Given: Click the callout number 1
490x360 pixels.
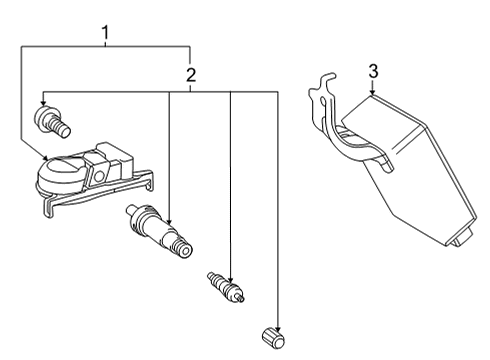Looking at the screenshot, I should tap(104, 35).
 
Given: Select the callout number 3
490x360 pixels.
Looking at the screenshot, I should tap(372, 71).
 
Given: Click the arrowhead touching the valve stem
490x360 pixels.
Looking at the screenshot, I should tap(168, 219).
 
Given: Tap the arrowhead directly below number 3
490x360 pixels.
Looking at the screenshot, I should tap(372, 91).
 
